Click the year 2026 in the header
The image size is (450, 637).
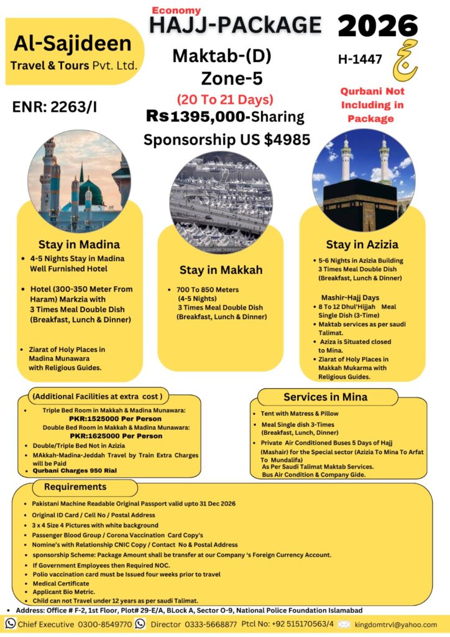pos(378,26)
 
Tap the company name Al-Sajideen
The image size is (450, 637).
pos(73,44)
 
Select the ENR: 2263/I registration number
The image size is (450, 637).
pos(55,107)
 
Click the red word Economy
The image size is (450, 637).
pos(177,11)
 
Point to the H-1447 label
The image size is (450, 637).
pos(360,60)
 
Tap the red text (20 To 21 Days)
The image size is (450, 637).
pos(224,100)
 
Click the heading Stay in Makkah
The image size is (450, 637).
pos(221,270)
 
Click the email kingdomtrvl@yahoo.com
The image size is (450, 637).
pos(395,624)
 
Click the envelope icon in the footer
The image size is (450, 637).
pos(344,624)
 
